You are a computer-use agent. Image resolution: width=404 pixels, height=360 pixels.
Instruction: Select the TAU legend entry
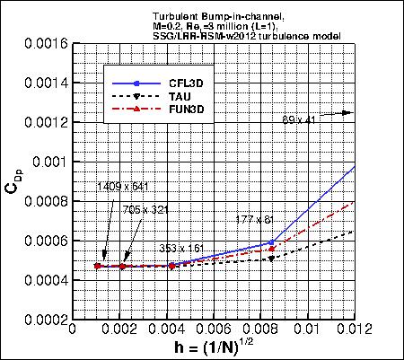pos(171,94)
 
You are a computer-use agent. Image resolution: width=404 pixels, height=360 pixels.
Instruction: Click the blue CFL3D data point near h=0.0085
pos(272,242)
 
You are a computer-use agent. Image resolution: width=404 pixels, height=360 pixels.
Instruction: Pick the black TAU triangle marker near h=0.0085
pos(272,259)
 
